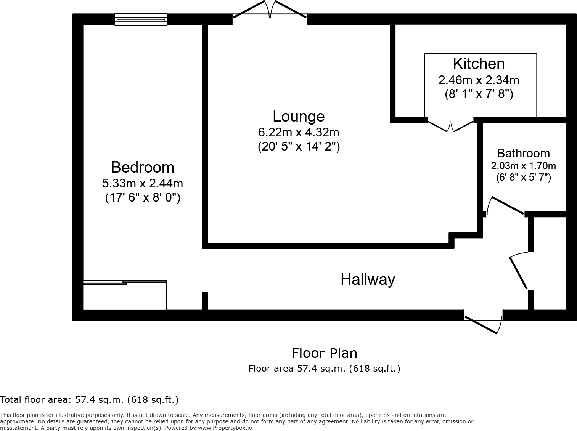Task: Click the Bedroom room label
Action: (x=142, y=167)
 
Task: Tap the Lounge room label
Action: (x=298, y=116)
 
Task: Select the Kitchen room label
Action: (x=479, y=64)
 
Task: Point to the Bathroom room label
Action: (x=523, y=153)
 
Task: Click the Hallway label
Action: (x=368, y=279)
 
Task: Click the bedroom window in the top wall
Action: (x=141, y=19)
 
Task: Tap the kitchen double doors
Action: (x=450, y=125)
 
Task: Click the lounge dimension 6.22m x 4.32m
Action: (x=298, y=132)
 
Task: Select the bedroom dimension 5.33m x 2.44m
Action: (x=142, y=183)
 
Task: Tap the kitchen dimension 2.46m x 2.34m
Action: (x=479, y=80)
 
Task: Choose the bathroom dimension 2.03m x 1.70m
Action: (x=523, y=166)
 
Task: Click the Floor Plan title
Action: (x=324, y=353)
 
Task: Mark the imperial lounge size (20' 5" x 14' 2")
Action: (x=298, y=147)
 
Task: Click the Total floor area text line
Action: (x=89, y=400)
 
